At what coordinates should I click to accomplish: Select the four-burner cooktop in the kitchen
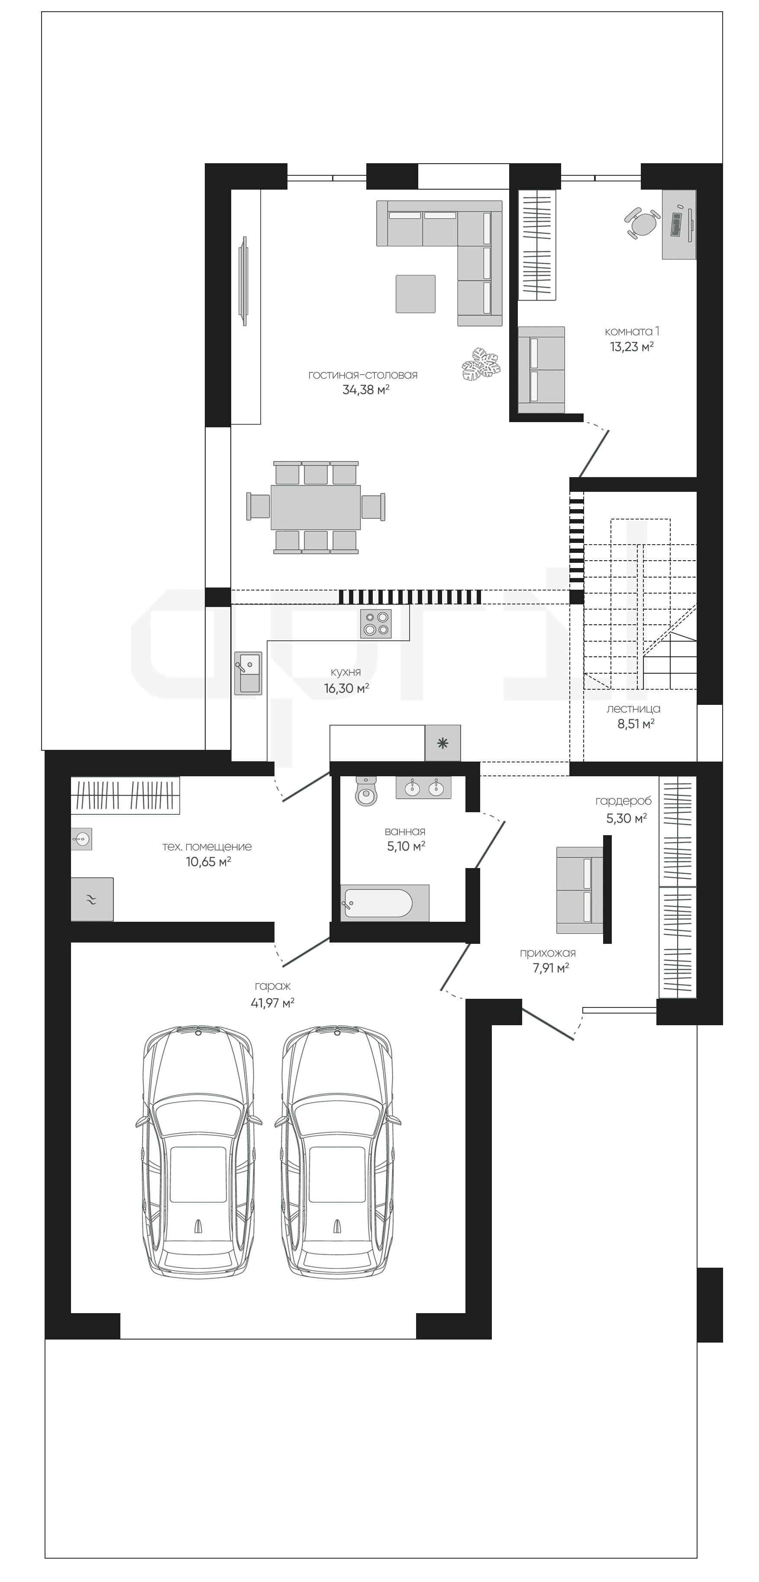point(376,623)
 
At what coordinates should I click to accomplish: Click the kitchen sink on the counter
point(248,673)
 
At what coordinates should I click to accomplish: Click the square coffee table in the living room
point(416,294)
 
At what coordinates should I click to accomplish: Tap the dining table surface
point(316,507)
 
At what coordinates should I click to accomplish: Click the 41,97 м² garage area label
point(273,1003)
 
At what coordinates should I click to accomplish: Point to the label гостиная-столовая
point(363,375)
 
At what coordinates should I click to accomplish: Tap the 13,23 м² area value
point(631,346)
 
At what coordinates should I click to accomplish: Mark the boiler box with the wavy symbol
point(92,899)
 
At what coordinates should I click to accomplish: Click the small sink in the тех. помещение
point(82,838)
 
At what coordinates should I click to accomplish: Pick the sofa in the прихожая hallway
point(580,890)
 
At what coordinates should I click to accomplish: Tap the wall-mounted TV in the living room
point(243,281)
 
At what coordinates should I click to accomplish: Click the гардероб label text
point(623,801)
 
